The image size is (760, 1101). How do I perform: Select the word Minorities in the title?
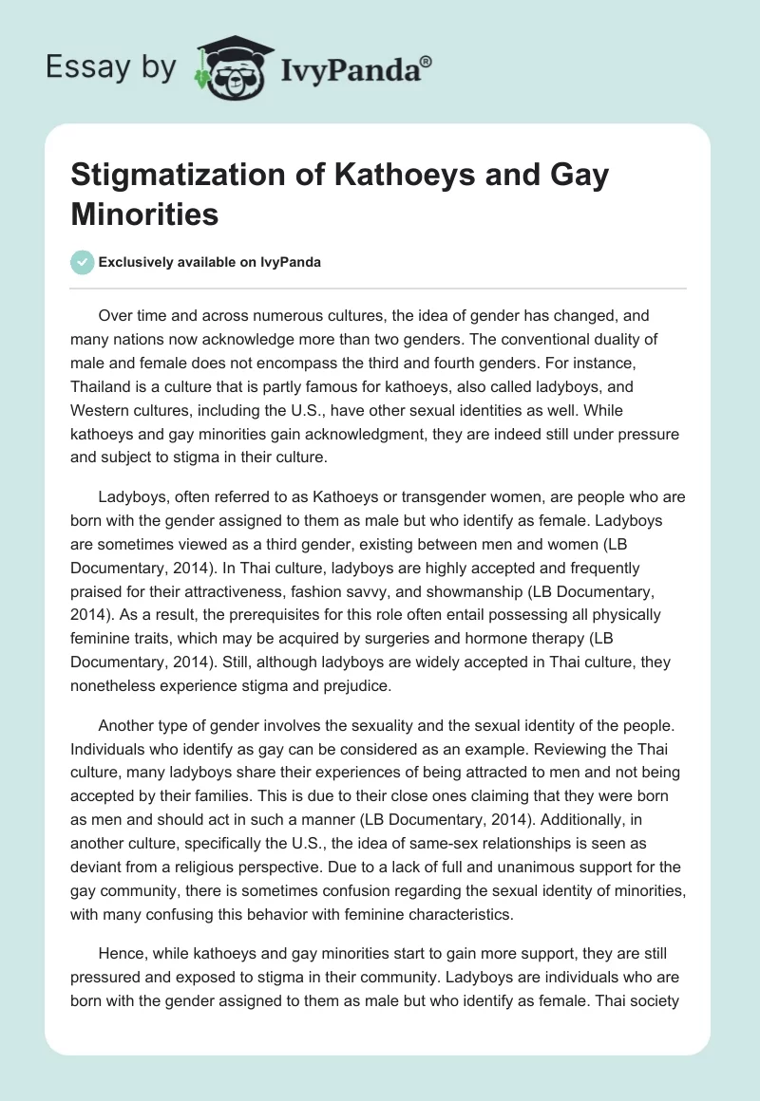[x=144, y=214]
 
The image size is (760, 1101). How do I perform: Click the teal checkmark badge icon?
[x=83, y=262]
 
